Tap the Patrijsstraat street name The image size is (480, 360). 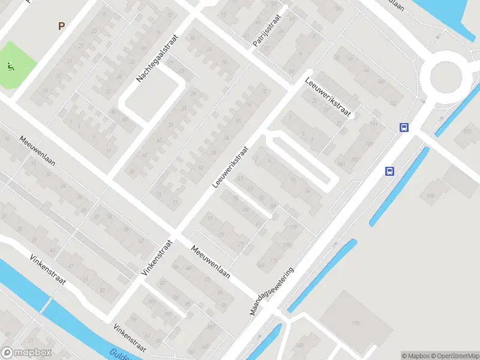[x=268, y=35]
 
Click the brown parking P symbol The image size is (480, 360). [x=61, y=26]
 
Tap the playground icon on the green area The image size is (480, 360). [x=10, y=66]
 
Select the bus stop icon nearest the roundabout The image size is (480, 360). [x=404, y=127]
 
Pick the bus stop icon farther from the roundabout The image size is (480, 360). [x=389, y=171]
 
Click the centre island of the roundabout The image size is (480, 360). [x=448, y=77]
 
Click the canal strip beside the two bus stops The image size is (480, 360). [x=400, y=186]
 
